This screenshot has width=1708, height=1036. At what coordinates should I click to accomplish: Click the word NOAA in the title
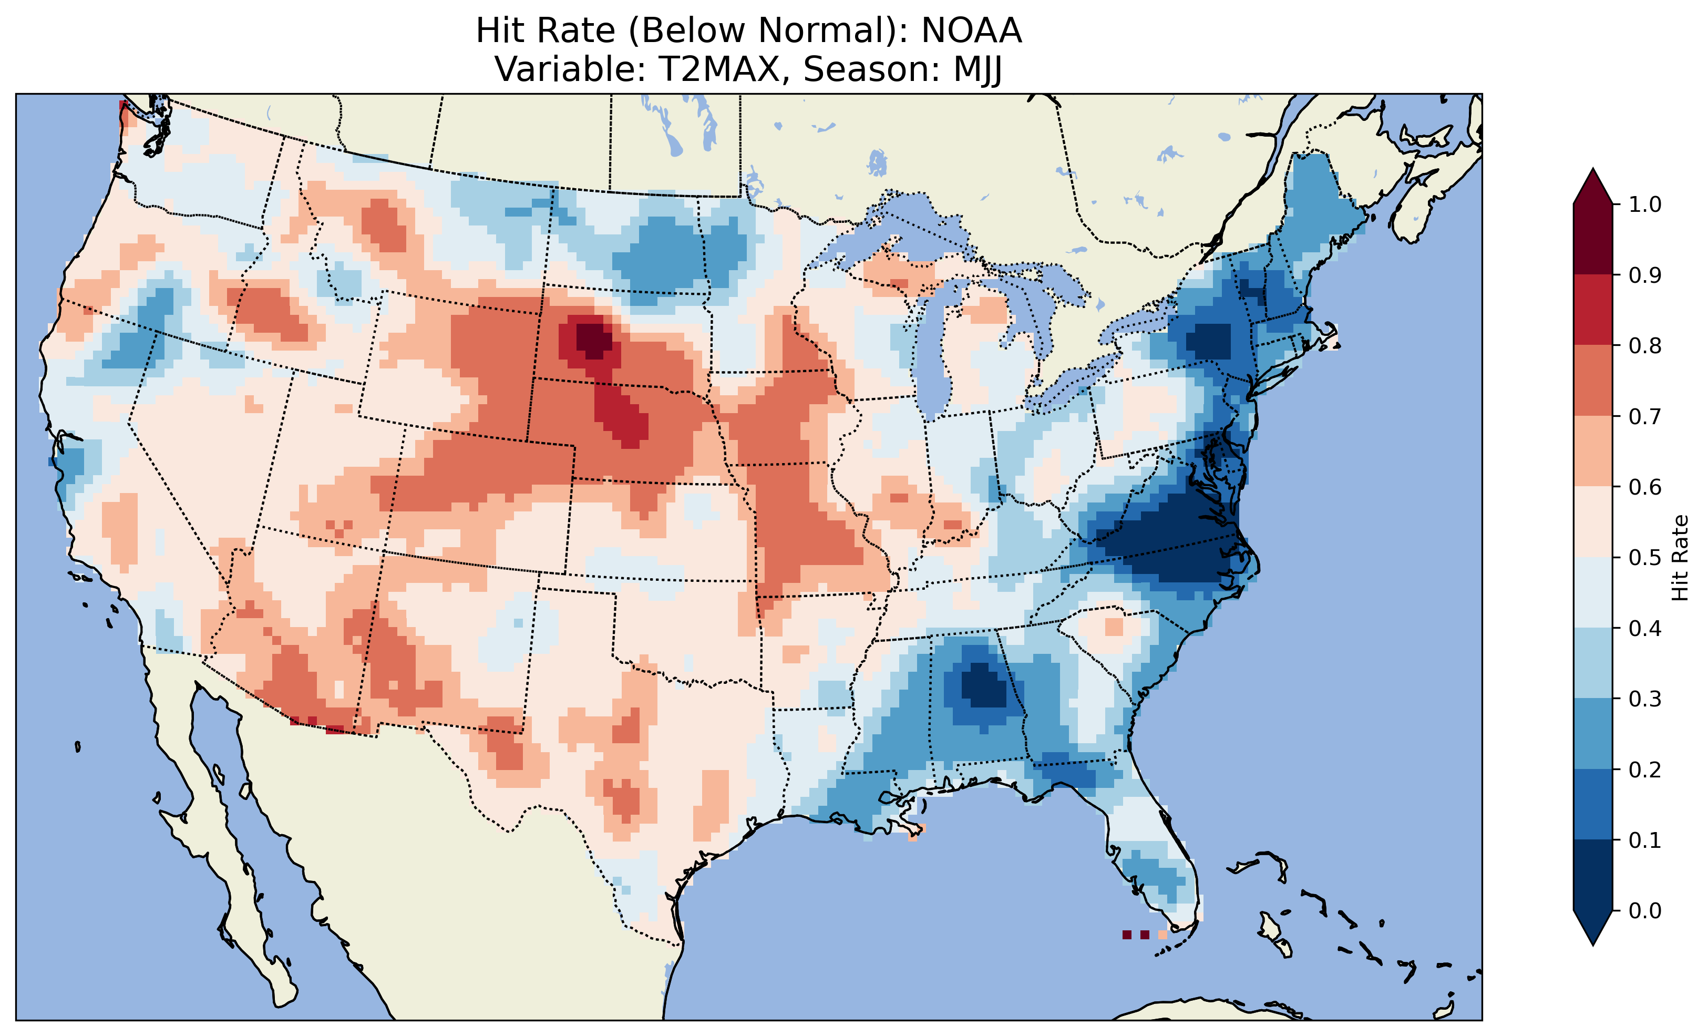click(971, 30)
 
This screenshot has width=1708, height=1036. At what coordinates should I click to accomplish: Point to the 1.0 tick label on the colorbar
click(1645, 204)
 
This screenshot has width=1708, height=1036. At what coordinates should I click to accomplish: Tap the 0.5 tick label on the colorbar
click(1645, 558)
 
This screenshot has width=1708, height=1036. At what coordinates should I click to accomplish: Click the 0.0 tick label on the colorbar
click(1645, 910)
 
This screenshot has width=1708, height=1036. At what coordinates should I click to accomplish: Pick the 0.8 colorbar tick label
click(1645, 345)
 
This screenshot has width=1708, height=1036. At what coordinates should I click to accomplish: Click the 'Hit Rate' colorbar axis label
click(1680, 558)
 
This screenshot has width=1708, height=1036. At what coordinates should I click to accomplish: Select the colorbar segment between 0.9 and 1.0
click(1593, 239)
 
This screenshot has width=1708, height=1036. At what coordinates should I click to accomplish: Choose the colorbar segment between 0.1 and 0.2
click(1593, 804)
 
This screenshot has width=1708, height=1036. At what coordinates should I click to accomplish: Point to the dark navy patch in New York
click(1208, 342)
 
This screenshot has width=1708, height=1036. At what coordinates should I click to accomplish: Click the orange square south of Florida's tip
click(1162, 935)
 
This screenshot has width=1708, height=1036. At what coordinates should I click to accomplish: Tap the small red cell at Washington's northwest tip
click(122, 105)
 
